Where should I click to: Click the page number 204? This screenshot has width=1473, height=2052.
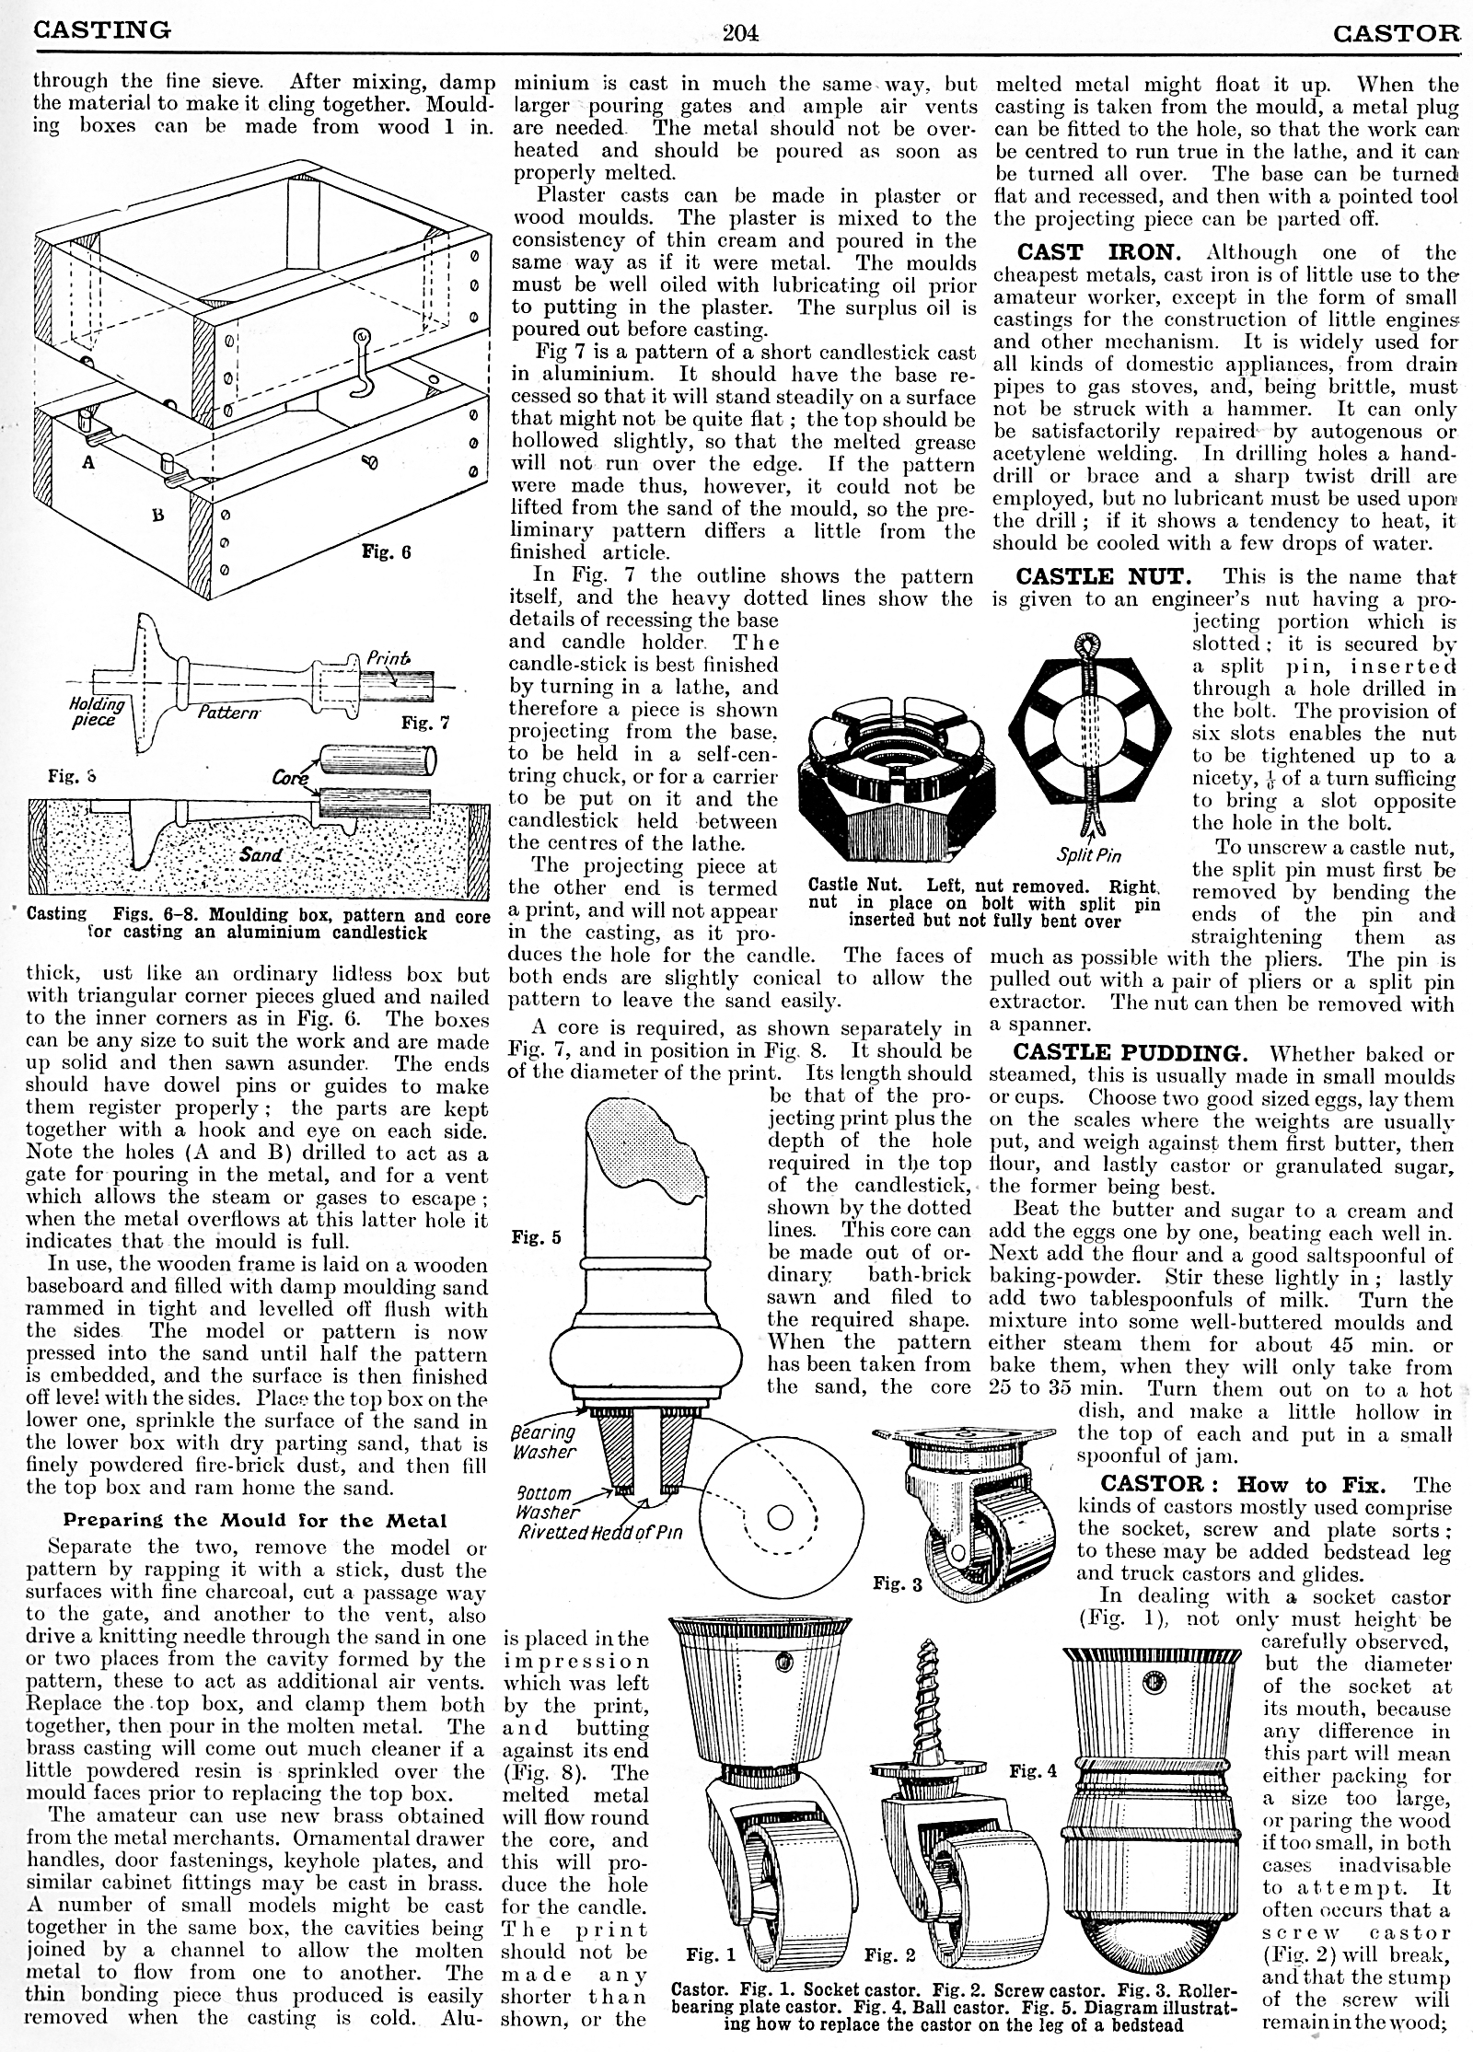click(x=740, y=32)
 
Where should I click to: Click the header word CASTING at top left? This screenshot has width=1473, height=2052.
click(x=101, y=30)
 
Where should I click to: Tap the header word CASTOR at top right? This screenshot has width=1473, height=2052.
click(x=1397, y=34)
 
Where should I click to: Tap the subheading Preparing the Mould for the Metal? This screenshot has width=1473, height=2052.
click(x=254, y=1520)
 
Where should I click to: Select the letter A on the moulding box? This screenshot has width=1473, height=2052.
click(x=88, y=463)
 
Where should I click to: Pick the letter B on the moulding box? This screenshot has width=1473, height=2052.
click(x=158, y=516)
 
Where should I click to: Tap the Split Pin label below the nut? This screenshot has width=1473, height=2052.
click(x=1089, y=855)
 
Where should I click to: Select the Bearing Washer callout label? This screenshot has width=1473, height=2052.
click(x=543, y=1442)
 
